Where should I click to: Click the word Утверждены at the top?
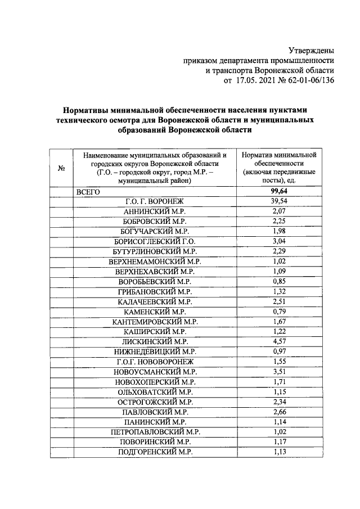pyautogui.click(x=312, y=51)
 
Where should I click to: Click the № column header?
pyautogui.click(x=60, y=168)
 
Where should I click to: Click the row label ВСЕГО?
pyautogui.click(x=88, y=192)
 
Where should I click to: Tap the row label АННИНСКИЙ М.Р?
pyautogui.click(x=155, y=211)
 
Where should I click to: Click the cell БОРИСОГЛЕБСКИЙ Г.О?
pyautogui.click(x=155, y=241)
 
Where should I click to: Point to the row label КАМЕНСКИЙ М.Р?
pyautogui.click(x=155, y=311)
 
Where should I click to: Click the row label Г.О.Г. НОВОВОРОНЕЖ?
pyautogui.click(x=155, y=361)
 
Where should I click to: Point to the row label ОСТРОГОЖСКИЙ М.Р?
pyautogui.click(x=155, y=401)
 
